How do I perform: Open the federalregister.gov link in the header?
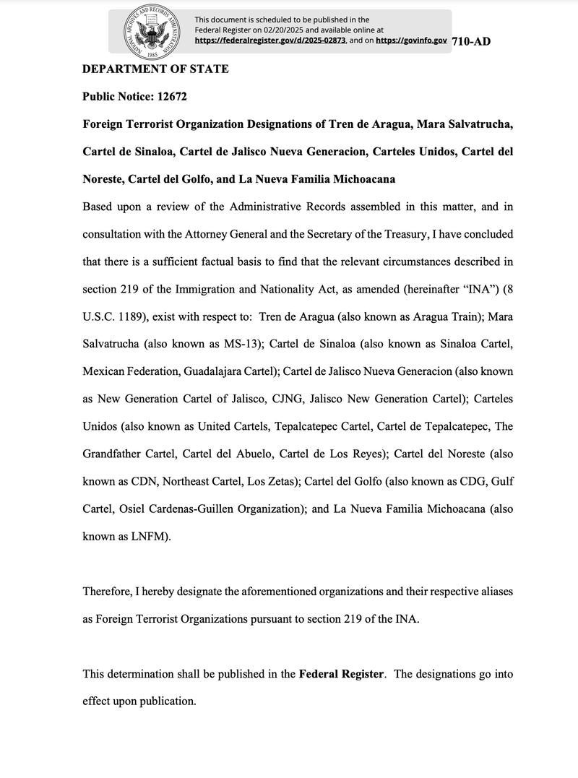point(270,41)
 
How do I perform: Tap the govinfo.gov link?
point(411,41)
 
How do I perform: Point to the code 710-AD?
point(471,41)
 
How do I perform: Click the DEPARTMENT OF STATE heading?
point(155,69)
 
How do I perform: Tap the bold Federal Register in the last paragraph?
point(340,674)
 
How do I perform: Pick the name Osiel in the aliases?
point(132,509)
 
